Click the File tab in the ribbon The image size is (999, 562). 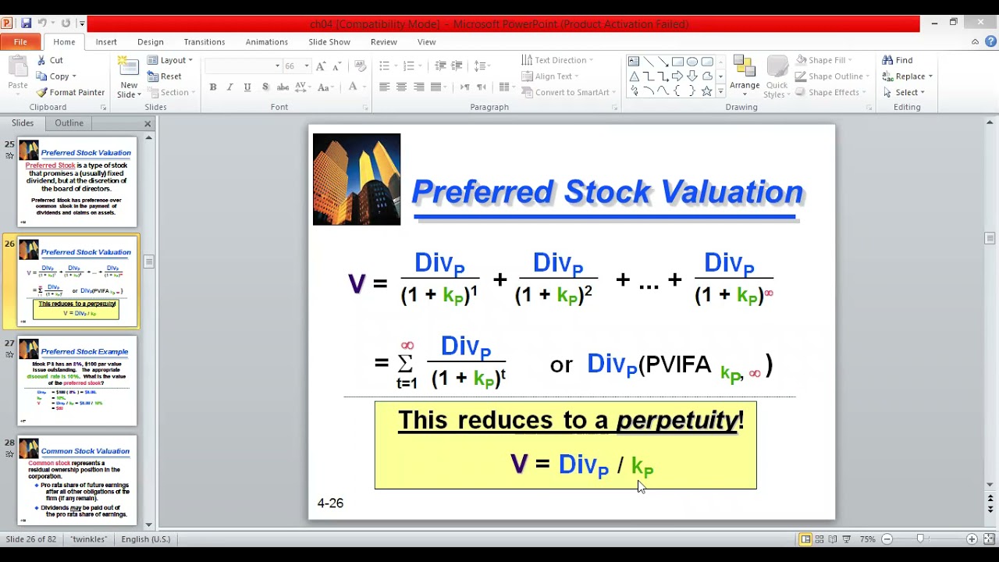point(20,42)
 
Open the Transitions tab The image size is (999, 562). point(204,42)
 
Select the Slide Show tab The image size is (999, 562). point(329,42)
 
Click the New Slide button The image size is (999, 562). point(129,78)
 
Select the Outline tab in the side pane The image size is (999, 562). point(69,123)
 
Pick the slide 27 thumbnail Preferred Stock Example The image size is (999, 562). point(77,381)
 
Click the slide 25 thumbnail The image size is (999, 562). point(77,183)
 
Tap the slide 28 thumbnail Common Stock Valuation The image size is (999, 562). point(77,480)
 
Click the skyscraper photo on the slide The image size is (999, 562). point(357,180)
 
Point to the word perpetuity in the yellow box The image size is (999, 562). point(677,420)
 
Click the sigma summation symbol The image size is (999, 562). point(406,363)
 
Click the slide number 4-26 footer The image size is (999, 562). point(330,503)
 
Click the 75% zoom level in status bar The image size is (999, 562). point(867,539)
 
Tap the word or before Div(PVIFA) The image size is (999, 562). point(561,365)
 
